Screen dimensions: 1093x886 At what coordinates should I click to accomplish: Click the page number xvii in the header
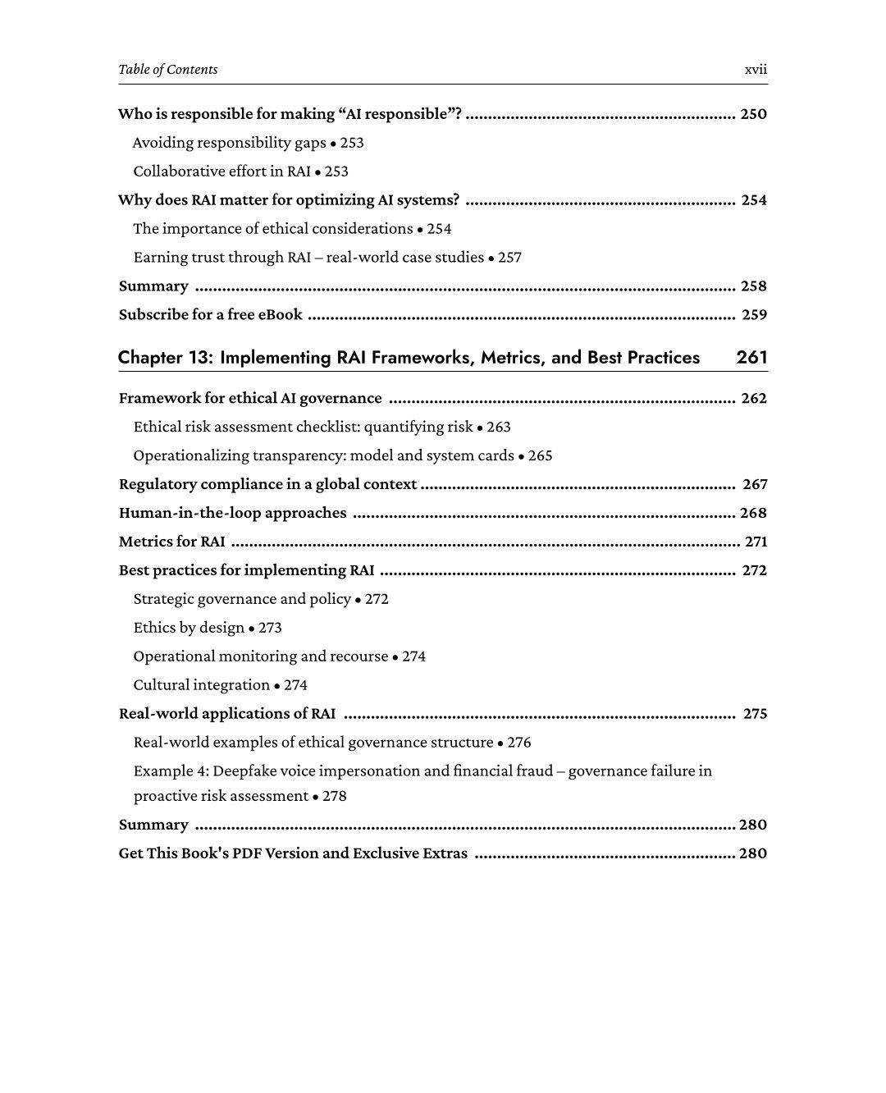click(x=755, y=70)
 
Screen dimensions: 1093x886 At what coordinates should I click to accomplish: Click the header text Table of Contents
click(x=168, y=70)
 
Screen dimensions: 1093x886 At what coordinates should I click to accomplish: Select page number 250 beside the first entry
click(x=753, y=114)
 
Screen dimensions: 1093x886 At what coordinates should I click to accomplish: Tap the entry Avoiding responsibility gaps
click(x=229, y=143)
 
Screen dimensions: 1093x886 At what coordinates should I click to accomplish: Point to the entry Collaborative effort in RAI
click(x=221, y=171)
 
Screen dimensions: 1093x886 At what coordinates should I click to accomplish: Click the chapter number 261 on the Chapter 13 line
click(x=751, y=357)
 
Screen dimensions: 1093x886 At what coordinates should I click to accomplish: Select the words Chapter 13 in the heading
click(x=164, y=357)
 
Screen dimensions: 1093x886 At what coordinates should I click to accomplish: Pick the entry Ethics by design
click(x=189, y=628)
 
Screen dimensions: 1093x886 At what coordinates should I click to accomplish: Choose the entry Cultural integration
click(x=202, y=685)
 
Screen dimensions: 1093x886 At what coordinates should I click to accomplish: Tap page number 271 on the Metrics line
click(x=755, y=542)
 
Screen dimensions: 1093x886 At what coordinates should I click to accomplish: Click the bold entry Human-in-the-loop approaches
click(x=232, y=513)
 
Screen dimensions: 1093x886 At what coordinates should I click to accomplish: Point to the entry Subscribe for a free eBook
click(x=210, y=315)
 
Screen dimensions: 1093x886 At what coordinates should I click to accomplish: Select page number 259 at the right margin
click(x=754, y=315)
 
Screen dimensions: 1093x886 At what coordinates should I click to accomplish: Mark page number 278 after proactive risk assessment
click(x=334, y=797)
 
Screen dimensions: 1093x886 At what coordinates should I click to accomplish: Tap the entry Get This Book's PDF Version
click(x=293, y=853)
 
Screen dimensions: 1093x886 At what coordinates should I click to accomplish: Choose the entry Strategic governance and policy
click(x=242, y=599)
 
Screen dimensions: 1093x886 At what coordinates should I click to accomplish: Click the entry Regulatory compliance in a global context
click(x=267, y=484)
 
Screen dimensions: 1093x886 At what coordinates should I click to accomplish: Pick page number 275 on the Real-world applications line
click(x=755, y=714)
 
